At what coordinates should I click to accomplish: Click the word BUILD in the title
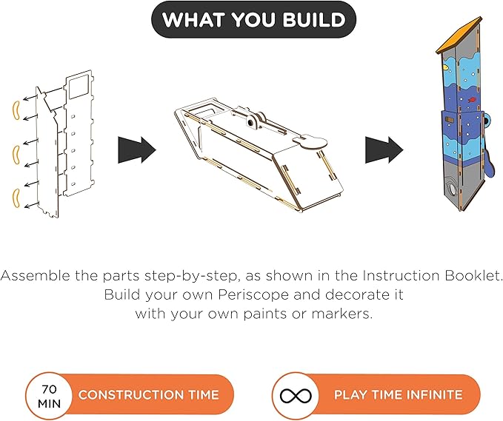point(314,19)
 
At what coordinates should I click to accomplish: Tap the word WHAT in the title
point(193,19)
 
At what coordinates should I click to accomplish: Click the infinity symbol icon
point(296,396)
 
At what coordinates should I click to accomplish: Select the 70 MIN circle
point(49,396)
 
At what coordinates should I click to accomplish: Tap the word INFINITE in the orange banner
point(435,394)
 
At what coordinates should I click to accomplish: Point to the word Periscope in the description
point(253,294)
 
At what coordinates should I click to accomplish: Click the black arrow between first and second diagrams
point(136,150)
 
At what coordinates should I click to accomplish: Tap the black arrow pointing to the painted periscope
point(384,150)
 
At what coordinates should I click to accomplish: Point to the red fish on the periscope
point(471,100)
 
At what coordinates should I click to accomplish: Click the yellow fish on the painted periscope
point(445,67)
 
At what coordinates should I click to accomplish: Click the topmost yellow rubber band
point(16,110)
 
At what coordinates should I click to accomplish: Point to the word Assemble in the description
point(36,275)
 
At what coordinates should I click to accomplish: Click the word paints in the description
point(265,314)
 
